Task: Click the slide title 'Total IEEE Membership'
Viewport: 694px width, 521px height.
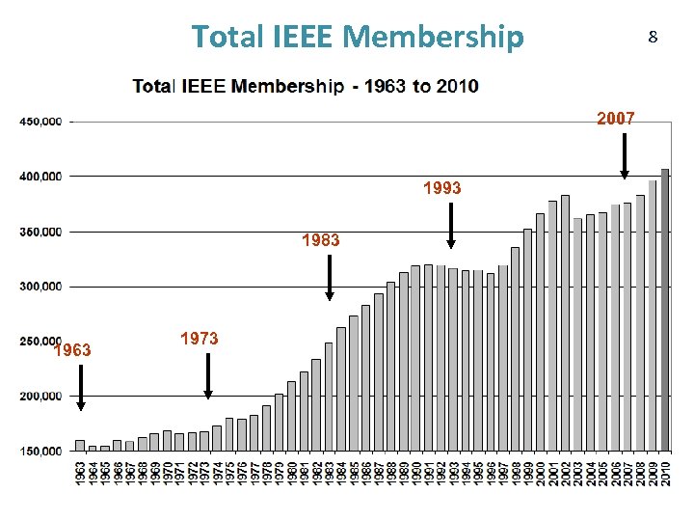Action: coord(358,37)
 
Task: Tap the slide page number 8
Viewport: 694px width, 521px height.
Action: coord(653,38)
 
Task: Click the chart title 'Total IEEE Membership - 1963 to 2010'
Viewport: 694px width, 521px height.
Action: coord(305,86)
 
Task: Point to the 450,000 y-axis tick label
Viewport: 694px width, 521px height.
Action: coord(40,122)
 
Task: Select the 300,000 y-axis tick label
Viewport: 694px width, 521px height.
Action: coord(40,287)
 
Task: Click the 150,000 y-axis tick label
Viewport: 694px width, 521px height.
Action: coord(40,451)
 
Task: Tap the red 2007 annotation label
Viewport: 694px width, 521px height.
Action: coord(615,119)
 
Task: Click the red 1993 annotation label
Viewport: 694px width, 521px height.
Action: coord(441,188)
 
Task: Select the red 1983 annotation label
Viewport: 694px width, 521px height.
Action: coord(320,240)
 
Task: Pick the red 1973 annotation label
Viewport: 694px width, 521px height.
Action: coord(199,339)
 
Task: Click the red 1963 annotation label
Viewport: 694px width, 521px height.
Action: coord(73,350)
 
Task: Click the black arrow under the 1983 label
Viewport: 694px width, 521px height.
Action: coord(330,278)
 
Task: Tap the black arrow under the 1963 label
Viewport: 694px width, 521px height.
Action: coord(80,391)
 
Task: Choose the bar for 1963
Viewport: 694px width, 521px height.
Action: coord(80,446)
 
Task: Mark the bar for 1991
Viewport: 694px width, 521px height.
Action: coord(428,358)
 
